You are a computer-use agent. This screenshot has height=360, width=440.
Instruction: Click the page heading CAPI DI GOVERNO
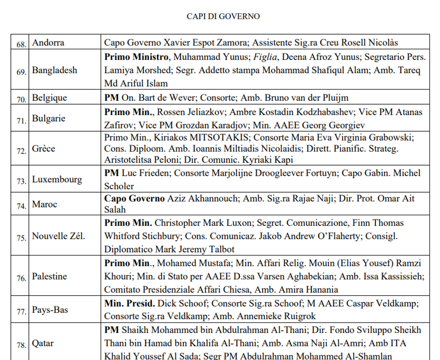(x=223, y=16)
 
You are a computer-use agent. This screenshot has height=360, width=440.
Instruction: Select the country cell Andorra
(x=48, y=43)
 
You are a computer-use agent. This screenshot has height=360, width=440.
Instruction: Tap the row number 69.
(x=21, y=72)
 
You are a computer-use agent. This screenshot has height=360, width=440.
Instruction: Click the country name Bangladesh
(x=55, y=70)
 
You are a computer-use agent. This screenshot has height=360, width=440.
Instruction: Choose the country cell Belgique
(x=50, y=98)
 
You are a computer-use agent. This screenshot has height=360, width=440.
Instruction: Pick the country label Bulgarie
(x=49, y=118)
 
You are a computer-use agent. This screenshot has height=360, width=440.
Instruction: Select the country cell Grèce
(x=44, y=148)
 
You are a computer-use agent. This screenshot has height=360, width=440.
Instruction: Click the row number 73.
(x=21, y=181)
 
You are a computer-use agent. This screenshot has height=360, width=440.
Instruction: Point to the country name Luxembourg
(x=57, y=179)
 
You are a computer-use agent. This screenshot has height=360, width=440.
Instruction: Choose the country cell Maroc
(x=45, y=204)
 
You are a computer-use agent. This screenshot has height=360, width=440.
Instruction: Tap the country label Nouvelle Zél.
(x=59, y=236)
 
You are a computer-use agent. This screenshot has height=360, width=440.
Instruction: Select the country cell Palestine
(x=50, y=276)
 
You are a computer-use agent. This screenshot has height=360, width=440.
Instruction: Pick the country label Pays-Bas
(x=50, y=310)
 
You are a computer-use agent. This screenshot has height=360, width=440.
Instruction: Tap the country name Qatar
(x=43, y=343)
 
